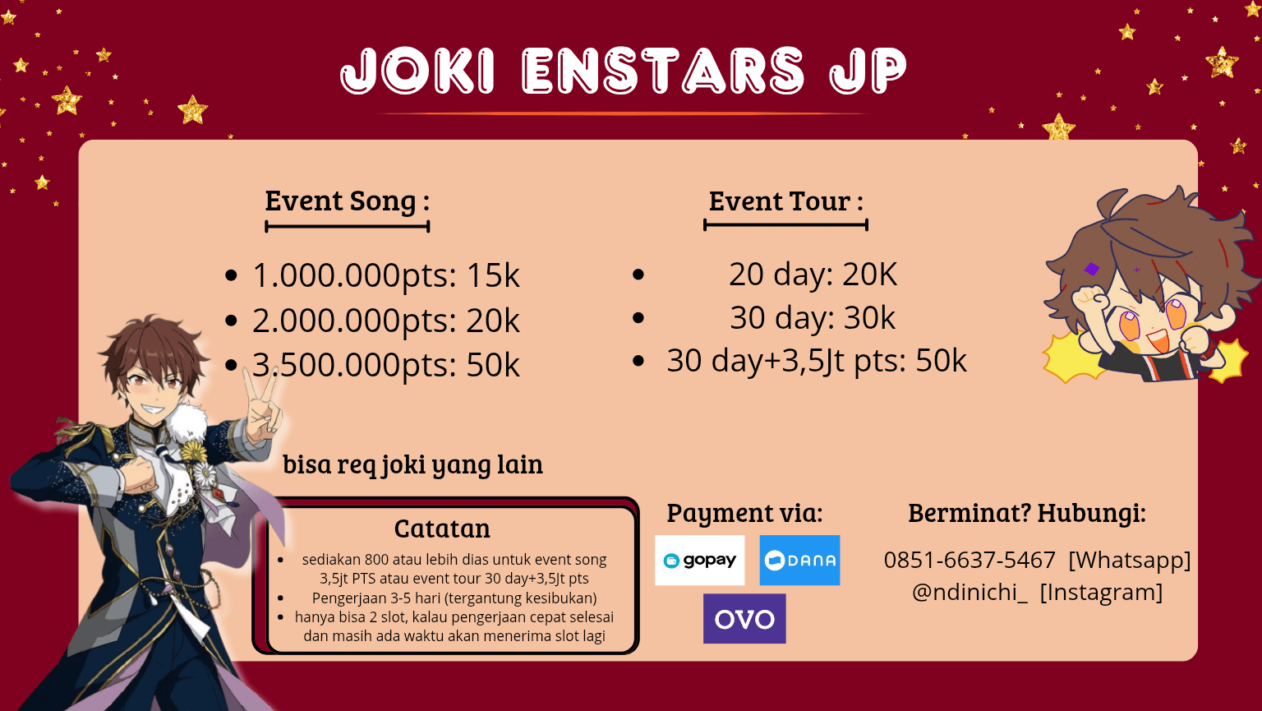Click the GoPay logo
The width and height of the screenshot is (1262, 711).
700,560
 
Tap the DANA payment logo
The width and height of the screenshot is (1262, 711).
799,560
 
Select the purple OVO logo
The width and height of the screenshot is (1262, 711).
744,619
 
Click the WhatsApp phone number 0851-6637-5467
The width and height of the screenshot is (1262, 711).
970,560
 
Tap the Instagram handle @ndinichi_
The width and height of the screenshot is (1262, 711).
970,593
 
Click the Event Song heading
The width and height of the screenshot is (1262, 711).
347,201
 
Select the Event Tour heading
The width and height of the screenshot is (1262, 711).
786,201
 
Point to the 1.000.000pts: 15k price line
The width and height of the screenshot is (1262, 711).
385,275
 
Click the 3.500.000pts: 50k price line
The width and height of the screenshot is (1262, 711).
385,365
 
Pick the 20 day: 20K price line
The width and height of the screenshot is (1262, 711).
813,275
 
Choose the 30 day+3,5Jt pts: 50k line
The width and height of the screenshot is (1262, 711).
817,361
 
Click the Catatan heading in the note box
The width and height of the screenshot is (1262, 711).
442,529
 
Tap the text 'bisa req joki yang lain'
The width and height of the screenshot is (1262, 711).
413,464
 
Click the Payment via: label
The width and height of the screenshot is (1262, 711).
745,513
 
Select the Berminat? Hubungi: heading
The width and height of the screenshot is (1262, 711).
1026,513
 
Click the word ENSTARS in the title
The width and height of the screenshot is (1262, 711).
663,71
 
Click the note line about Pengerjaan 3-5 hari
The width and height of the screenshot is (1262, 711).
454,598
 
